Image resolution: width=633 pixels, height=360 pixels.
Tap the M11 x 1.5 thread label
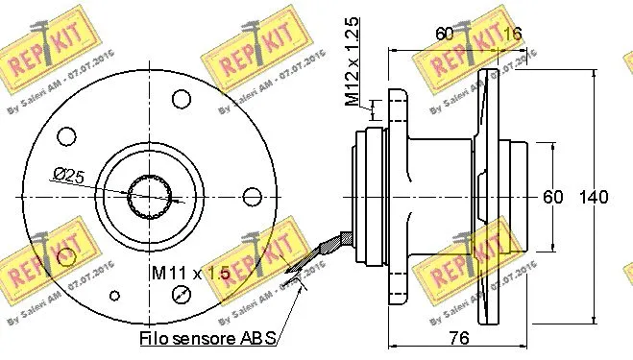pos(189,273)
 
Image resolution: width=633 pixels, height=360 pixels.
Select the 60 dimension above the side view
pos(444,33)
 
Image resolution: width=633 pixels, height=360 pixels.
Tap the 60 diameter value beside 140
pos(552,198)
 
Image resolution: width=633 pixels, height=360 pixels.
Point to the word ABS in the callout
pos(258,338)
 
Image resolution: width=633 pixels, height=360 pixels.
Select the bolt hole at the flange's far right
pos(254,196)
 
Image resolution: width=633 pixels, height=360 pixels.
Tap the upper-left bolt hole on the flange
pos(66,134)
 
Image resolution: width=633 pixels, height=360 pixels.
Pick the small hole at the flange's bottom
pos(116,296)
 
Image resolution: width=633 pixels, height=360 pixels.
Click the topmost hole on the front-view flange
pos(183,98)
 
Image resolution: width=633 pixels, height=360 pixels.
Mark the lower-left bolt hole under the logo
pos(66,256)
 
